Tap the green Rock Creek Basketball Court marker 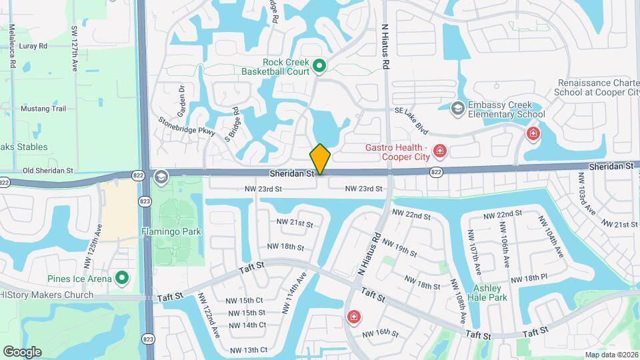tap(319, 65)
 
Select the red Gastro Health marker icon tap(439, 152)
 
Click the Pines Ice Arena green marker tap(121, 277)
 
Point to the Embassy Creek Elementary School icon tap(457, 108)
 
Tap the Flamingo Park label tap(171, 232)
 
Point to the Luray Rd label tap(33, 46)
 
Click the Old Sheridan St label tap(47, 171)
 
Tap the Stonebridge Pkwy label tap(187, 126)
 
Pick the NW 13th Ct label tap(249, 350)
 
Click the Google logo tap(22, 351)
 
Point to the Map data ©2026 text tap(610, 355)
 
